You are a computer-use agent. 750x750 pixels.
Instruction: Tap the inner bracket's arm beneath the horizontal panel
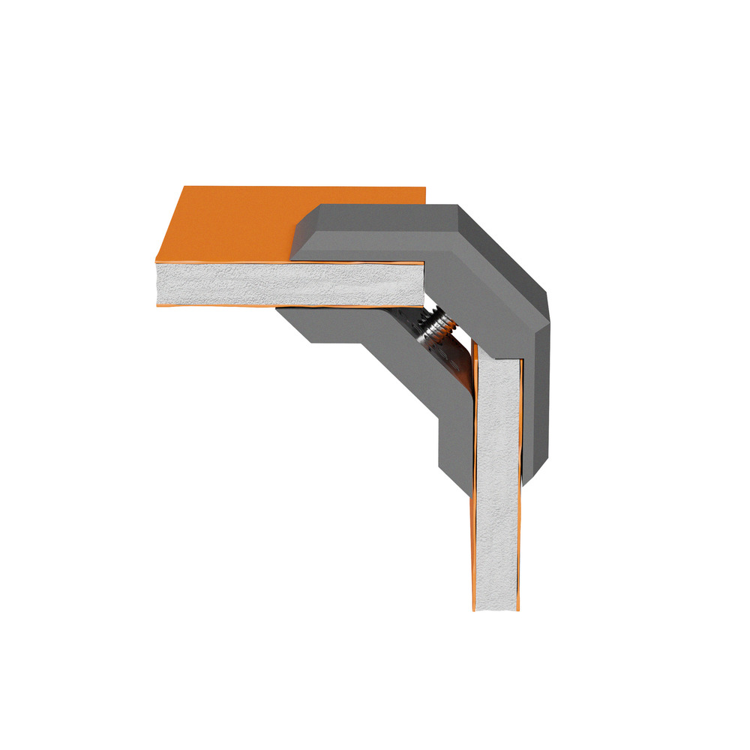[330, 322]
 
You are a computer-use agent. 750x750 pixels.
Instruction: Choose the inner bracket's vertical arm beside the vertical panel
[454, 435]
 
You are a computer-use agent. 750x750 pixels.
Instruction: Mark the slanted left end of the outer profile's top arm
[300, 232]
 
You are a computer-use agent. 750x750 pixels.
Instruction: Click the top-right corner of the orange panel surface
[423, 189]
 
